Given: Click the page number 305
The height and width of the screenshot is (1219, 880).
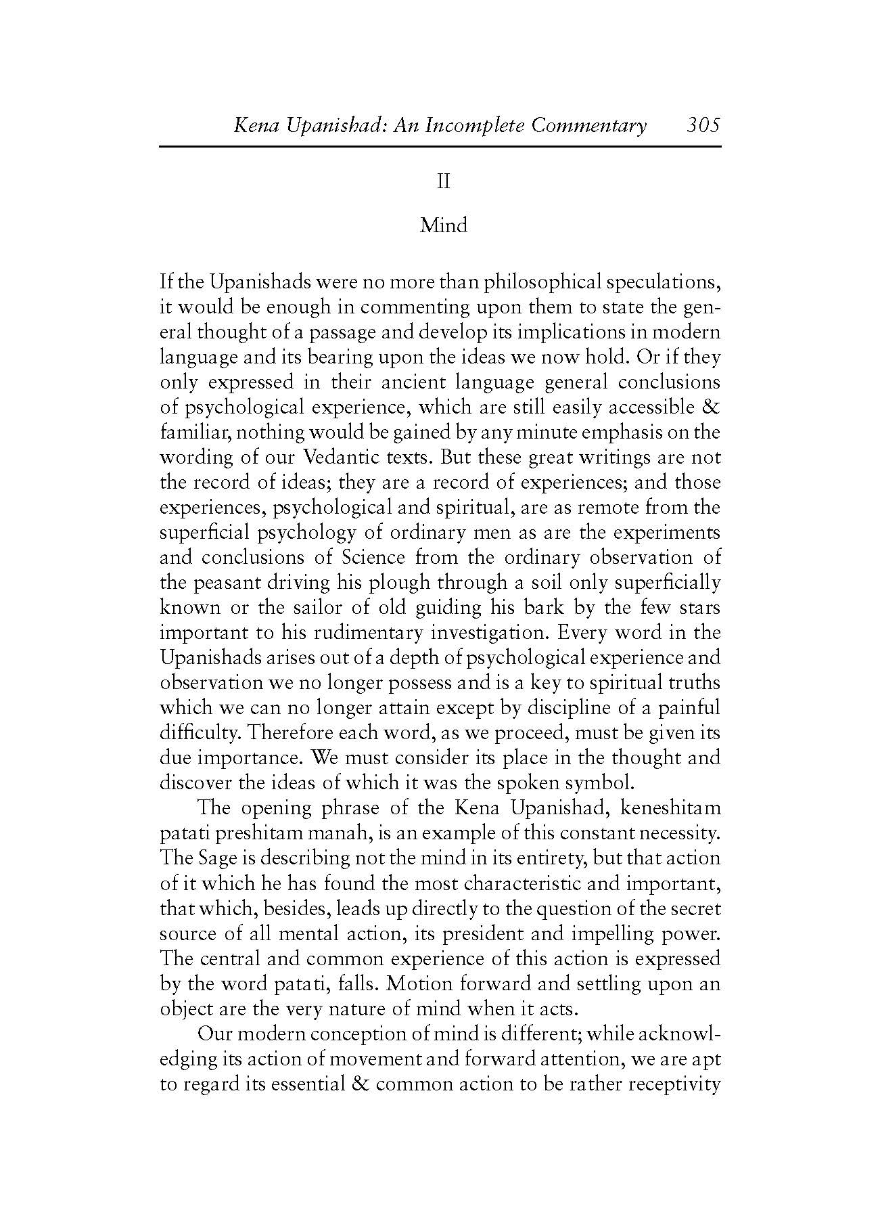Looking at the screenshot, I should [x=703, y=125].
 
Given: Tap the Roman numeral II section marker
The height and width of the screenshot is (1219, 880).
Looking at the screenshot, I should [x=443, y=181].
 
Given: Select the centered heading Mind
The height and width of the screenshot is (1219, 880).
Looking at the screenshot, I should [x=443, y=225].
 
